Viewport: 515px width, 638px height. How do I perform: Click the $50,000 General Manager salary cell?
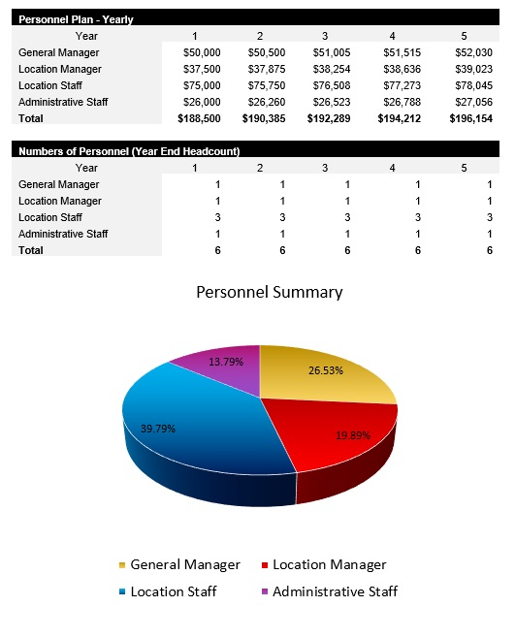tap(201, 52)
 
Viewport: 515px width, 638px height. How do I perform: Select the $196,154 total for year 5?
tap(469, 118)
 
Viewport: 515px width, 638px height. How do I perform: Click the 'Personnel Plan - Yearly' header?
tap(77, 19)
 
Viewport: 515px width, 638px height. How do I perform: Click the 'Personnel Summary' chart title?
tap(269, 292)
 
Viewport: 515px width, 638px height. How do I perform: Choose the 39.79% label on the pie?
tap(157, 428)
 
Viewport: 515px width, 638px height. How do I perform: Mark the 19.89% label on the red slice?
tap(354, 435)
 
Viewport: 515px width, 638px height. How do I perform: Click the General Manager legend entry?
tap(184, 564)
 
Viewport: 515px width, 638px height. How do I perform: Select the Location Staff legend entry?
tap(173, 591)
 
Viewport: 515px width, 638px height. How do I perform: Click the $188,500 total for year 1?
tap(201, 118)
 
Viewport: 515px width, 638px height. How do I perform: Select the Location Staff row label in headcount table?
tap(51, 217)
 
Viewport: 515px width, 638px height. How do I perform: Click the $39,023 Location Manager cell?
tap(469, 69)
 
